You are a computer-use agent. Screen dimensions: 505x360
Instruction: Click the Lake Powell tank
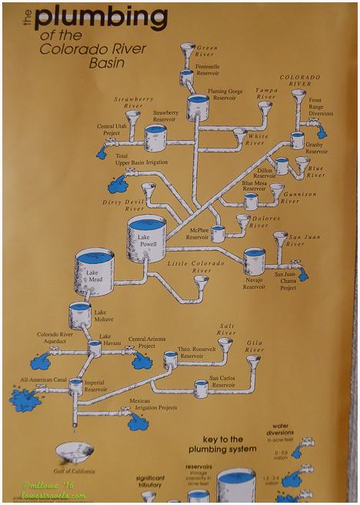tap(145, 237)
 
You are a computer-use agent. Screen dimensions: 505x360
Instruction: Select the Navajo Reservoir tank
tap(254, 262)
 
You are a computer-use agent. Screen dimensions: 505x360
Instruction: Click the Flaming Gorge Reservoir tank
tap(197, 106)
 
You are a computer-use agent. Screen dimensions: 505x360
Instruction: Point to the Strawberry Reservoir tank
tap(155, 138)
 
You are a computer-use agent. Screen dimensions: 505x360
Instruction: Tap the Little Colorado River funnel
tap(201, 283)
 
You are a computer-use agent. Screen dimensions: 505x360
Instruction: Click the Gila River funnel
tap(252, 360)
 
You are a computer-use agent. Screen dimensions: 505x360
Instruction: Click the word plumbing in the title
tap(100, 17)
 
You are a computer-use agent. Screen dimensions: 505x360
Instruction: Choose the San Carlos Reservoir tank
tap(202, 388)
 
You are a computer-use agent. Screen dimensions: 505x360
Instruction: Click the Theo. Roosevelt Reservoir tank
tap(171, 360)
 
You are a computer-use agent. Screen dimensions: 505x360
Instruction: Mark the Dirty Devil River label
tap(123, 205)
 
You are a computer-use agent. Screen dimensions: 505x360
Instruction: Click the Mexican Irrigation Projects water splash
tap(138, 420)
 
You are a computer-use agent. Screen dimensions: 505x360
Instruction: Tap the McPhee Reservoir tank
tap(218, 233)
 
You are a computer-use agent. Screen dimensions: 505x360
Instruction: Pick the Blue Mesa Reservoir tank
tap(251, 201)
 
